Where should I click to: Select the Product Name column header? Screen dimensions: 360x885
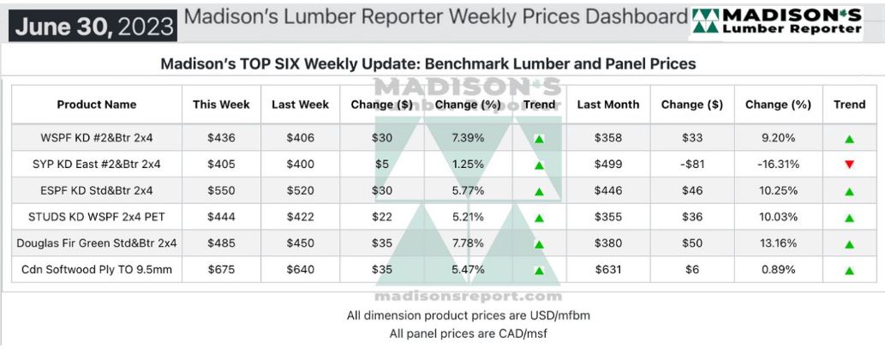click(96, 105)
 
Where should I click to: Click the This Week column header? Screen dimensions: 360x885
click(221, 105)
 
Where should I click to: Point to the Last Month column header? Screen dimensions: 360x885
click(607, 105)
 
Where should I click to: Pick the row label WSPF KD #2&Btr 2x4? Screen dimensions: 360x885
click(96, 137)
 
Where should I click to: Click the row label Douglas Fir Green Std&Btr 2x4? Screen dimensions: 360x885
click(96, 243)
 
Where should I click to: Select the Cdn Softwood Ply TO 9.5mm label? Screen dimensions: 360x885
click(96, 270)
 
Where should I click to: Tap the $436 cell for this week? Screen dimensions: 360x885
click(221, 137)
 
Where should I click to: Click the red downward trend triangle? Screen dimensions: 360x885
click(849, 165)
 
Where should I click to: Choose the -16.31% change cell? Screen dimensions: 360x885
click(777, 164)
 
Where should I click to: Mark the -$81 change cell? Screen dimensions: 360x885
click(691, 164)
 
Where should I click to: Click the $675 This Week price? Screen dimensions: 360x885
click(221, 270)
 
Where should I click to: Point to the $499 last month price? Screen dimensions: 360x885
click(607, 164)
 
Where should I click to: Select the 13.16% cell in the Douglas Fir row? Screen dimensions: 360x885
click(777, 243)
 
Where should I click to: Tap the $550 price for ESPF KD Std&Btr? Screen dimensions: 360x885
click(221, 190)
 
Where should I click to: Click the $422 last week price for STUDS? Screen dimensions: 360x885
click(300, 217)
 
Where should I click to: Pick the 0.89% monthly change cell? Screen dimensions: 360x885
click(777, 270)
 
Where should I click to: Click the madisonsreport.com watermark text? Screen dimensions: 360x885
click(468, 296)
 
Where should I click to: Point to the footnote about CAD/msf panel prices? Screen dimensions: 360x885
click(468, 333)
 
